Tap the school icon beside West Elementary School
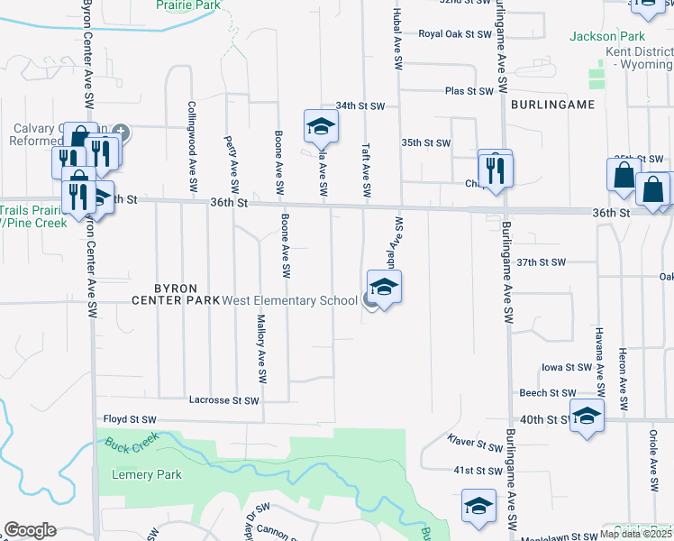pos(384,288)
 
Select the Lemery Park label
pos(147,474)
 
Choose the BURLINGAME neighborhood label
pos(552,105)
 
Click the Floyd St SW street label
pos(130,419)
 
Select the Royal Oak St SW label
pos(454,34)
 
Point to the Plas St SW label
pos(469,91)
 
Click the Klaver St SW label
pos(476,445)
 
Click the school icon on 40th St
pos(587,416)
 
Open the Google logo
pos(30,530)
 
